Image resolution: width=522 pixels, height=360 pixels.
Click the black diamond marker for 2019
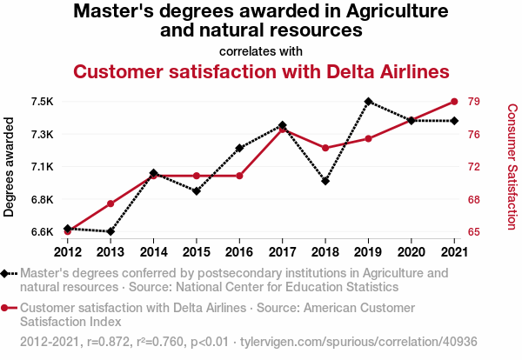tap(368, 102)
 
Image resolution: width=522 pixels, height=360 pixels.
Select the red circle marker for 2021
tap(454, 102)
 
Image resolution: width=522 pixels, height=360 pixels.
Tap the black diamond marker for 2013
tap(110, 231)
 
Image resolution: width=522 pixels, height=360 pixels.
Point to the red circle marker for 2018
tap(325, 148)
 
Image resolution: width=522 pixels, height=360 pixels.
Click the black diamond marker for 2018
tap(325, 181)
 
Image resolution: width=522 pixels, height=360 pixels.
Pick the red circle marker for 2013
tap(110, 203)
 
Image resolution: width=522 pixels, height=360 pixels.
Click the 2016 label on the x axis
tap(239, 252)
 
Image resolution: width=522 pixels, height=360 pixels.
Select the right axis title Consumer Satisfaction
tap(512, 167)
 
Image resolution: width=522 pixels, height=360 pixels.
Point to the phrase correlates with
tap(261, 50)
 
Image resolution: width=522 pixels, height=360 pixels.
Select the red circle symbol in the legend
tap(9, 308)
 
